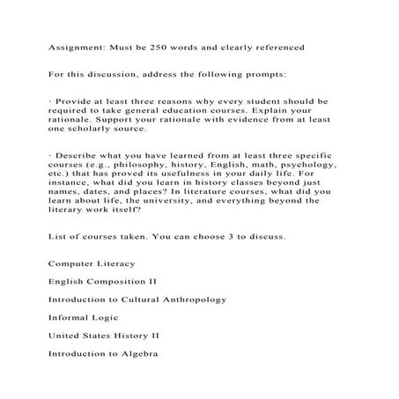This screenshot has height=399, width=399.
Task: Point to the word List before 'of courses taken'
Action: point(57,237)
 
